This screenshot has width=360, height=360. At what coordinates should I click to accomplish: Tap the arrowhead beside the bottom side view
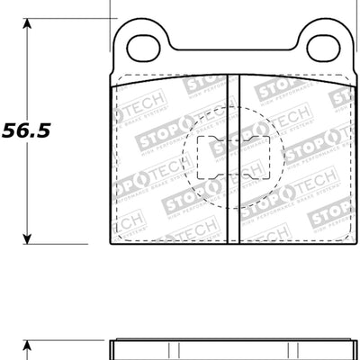click(28, 347)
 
